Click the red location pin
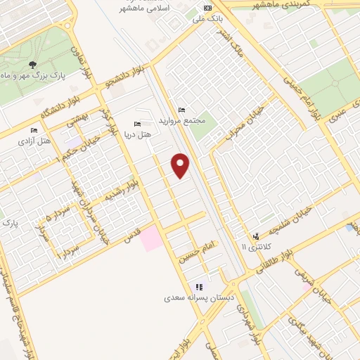tap(181, 165)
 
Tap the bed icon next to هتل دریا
tap(137, 124)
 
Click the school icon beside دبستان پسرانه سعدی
tap(200, 287)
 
